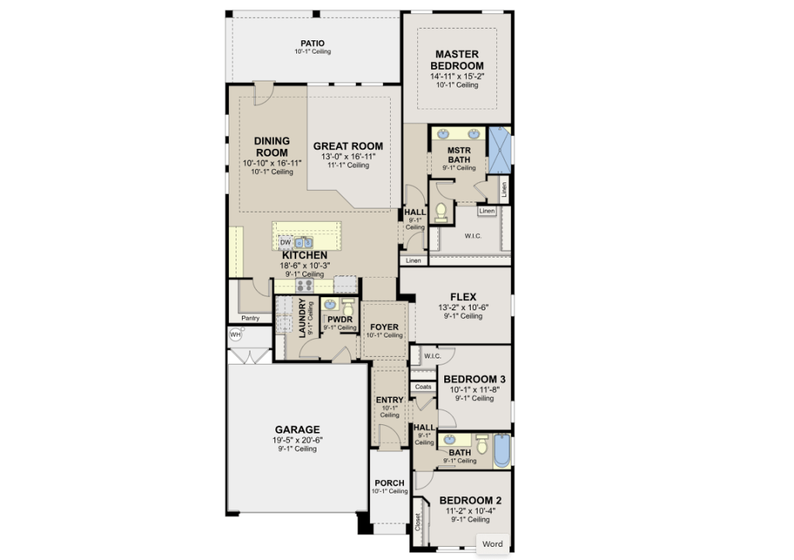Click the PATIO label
point(312,43)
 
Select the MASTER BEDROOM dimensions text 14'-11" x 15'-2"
point(457,77)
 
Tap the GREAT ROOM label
point(348,147)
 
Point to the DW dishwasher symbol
point(285,243)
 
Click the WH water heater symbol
point(236,334)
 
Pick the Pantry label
point(250,319)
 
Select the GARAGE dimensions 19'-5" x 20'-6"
point(297,440)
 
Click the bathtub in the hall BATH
point(502,450)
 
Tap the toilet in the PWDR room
point(348,306)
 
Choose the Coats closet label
point(423,387)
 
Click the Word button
point(492,544)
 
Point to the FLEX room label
point(464,297)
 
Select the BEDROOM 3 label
point(475,379)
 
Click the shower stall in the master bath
point(499,150)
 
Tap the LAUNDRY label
point(302,318)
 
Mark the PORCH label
point(389,483)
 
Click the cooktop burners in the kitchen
point(305,285)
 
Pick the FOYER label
point(385,327)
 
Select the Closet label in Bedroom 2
point(418,521)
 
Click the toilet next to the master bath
point(441,213)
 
